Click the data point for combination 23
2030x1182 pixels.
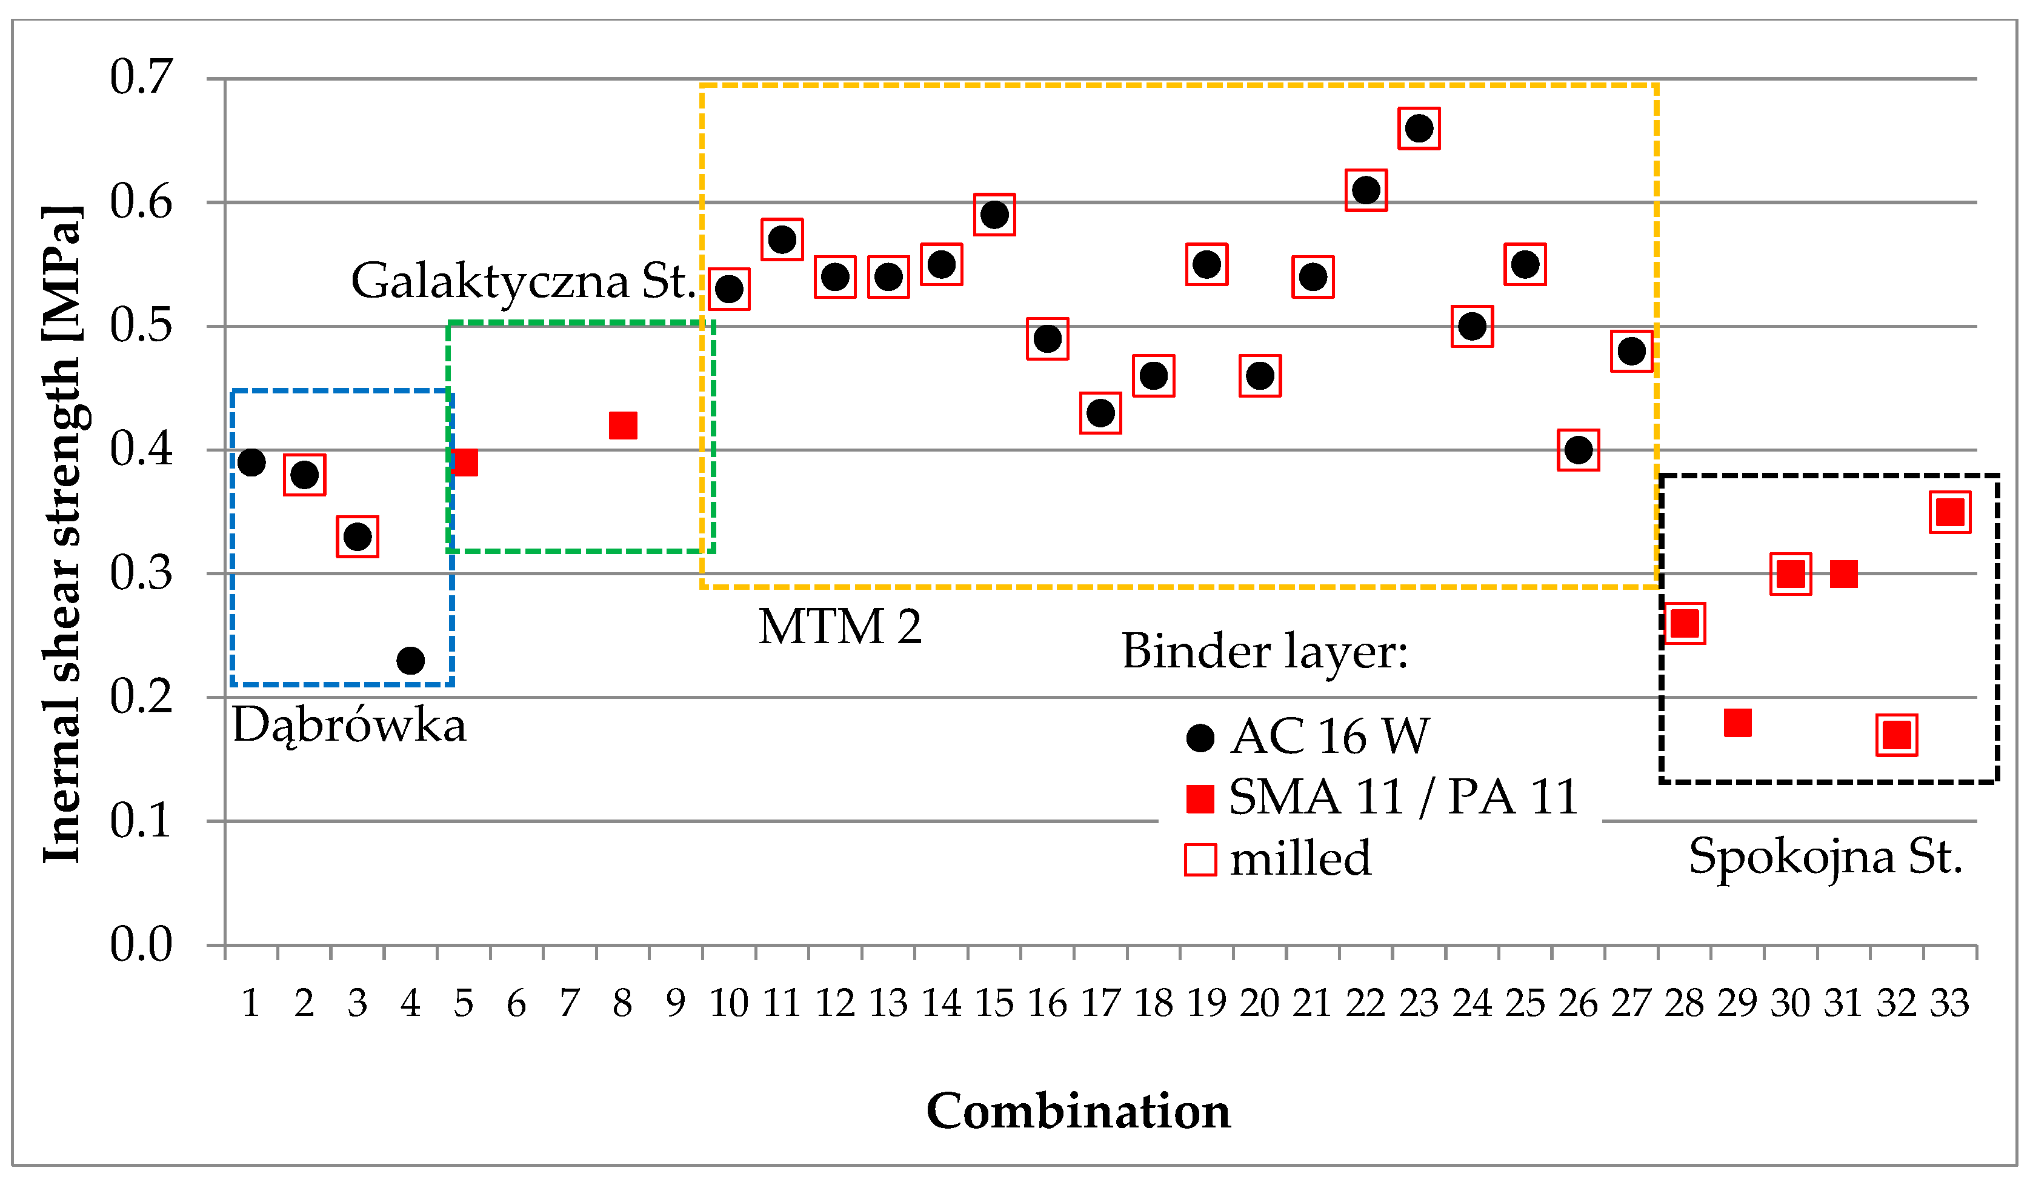click(x=1419, y=128)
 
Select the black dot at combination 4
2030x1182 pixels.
click(x=410, y=661)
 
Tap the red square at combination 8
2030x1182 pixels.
click(x=623, y=425)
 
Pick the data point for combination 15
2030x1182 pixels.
click(x=994, y=215)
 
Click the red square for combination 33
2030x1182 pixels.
click(x=1949, y=512)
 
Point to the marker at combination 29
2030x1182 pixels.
click(x=1737, y=722)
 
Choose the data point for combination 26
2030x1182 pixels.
click(x=1578, y=450)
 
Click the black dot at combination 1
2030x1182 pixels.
click(x=251, y=462)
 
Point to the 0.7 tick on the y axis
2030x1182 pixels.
click(x=141, y=78)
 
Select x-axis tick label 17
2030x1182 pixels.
click(x=1100, y=1004)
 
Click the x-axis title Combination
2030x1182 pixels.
click(x=1078, y=1111)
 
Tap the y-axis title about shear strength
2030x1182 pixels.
click(x=63, y=533)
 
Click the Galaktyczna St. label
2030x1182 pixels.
click(x=523, y=281)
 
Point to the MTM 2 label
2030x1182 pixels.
click(x=839, y=626)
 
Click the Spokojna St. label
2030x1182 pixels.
click(x=1825, y=856)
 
